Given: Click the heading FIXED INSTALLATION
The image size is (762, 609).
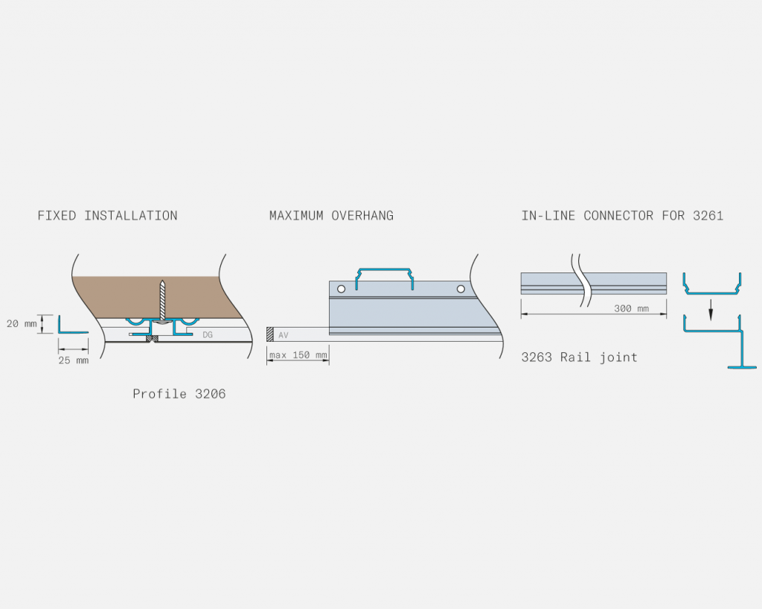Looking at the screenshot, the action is pyautogui.click(x=107, y=215).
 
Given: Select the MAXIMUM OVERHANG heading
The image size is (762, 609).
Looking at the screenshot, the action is pyautogui.click(x=331, y=215).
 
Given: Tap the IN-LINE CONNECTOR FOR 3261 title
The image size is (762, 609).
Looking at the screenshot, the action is pyautogui.click(x=623, y=215).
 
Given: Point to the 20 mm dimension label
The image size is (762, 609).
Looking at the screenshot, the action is pyautogui.click(x=22, y=323).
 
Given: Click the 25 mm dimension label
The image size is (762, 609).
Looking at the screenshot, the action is pyautogui.click(x=74, y=360).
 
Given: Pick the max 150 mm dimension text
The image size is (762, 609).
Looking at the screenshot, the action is pyautogui.click(x=298, y=355).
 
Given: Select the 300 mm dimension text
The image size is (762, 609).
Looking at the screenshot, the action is pyautogui.click(x=631, y=308).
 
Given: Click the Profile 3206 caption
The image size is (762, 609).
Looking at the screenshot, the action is pyautogui.click(x=179, y=393).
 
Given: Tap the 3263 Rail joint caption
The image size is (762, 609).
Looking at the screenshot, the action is pyautogui.click(x=579, y=357).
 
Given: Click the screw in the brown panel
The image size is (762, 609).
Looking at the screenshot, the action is pyautogui.click(x=162, y=302).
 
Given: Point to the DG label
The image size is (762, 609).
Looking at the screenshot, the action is pyautogui.click(x=208, y=335).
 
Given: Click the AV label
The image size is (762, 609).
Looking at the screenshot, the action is pyautogui.click(x=284, y=335).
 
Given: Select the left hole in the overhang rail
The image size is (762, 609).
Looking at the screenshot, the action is pyautogui.click(x=341, y=289).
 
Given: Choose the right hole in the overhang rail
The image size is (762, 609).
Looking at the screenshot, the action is pyautogui.click(x=461, y=289).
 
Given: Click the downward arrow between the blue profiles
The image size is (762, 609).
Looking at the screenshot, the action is pyautogui.click(x=711, y=310).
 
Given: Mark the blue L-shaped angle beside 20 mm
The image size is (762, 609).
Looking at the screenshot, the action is pyautogui.click(x=60, y=325).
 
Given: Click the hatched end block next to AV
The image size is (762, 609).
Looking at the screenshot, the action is pyautogui.click(x=269, y=334).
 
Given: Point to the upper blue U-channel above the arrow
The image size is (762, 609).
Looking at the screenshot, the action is pyautogui.click(x=712, y=293).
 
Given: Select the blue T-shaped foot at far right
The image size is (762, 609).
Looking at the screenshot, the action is pyautogui.click(x=742, y=366).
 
